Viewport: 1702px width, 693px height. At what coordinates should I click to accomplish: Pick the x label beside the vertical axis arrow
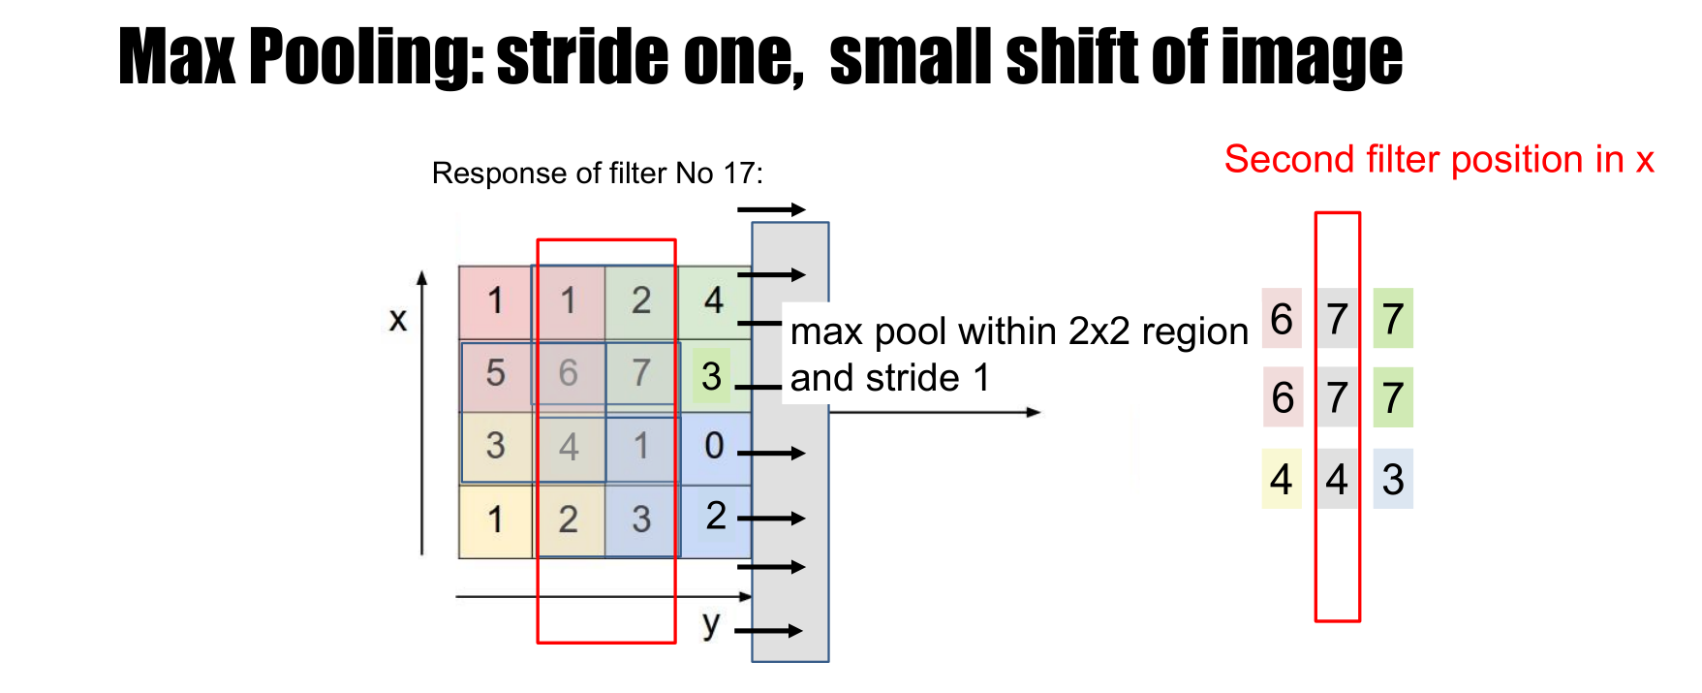tap(397, 319)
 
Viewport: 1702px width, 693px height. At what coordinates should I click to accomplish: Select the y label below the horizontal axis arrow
tap(711, 623)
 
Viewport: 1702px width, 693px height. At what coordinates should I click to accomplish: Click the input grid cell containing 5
tap(495, 373)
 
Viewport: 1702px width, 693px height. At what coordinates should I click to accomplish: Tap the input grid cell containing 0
tap(714, 446)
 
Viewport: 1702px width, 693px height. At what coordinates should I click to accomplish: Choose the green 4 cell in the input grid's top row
tap(714, 300)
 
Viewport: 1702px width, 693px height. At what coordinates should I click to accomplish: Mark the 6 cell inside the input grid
tap(568, 373)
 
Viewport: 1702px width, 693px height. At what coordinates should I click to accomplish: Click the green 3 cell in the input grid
tap(712, 376)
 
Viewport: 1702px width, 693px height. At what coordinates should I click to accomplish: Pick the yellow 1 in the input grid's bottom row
tap(495, 520)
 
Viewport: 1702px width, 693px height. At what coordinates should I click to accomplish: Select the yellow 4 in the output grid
tap(1281, 479)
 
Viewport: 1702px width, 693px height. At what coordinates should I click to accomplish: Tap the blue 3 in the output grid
tap(1393, 479)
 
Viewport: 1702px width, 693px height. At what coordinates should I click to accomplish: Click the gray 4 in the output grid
tap(1337, 479)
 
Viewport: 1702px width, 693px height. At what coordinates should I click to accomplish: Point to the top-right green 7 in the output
tap(1393, 318)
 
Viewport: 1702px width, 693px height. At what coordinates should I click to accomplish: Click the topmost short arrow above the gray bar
tap(771, 209)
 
